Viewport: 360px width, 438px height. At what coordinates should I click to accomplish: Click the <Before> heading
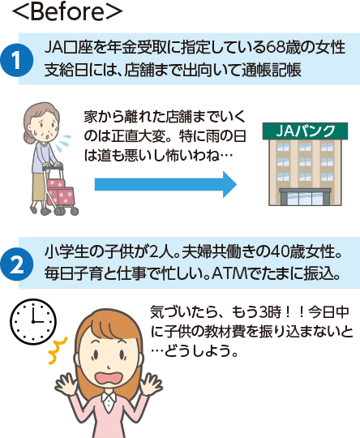point(67,11)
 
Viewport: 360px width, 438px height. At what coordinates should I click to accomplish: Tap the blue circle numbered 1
point(16,60)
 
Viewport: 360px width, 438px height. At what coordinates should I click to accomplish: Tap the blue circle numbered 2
point(16,264)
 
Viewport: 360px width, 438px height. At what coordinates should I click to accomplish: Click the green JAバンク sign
point(305,131)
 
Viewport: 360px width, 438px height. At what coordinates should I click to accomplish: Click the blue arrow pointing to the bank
point(165,184)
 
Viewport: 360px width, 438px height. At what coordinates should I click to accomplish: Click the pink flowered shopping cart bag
point(60,192)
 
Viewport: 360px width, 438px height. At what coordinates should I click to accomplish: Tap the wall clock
point(33,321)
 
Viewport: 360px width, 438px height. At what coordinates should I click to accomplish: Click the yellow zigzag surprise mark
point(58,350)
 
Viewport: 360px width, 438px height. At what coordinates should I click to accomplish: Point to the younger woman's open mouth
point(109,380)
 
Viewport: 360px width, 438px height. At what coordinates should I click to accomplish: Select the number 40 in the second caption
point(280,252)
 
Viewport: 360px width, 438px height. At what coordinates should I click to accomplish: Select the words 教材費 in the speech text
point(228,332)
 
